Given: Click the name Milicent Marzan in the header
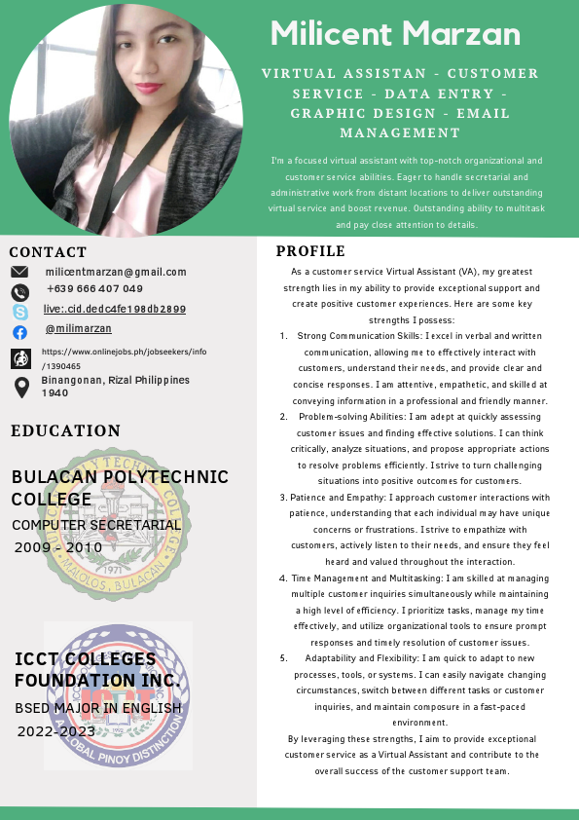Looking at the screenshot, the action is click(x=395, y=34).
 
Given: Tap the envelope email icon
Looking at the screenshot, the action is click(x=20, y=272).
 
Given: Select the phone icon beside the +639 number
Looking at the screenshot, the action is click(x=20, y=291).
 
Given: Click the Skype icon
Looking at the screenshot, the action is click(x=20, y=312).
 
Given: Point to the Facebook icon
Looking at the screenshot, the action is click(x=20, y=332).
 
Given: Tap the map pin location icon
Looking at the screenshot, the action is click(x=20, y=388).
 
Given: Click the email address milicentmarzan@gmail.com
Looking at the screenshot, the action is click(x=116, y=272).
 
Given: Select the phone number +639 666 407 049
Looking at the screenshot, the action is click(x=94, y=288).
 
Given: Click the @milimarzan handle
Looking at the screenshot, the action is click(x=79, y=329).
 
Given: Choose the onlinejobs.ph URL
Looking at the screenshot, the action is click(x=124, y=358).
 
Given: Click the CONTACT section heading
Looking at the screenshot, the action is click(x=48, y=251).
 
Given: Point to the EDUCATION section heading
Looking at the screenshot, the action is click(x=66, y=430).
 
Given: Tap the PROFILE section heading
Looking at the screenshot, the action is click(x=311, y=251).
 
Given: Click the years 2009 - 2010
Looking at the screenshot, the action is click(x=58, y=547).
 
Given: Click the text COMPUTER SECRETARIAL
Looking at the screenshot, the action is click(x=96, y=525).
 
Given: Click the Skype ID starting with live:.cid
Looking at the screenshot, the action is click(x=115, y=309).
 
